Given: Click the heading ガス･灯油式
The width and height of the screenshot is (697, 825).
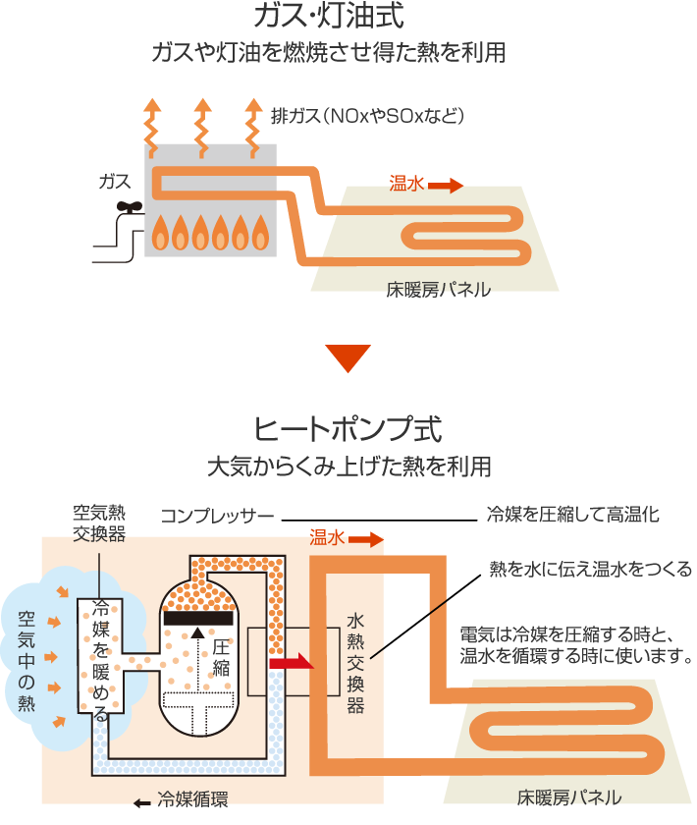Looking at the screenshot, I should coord(328,17).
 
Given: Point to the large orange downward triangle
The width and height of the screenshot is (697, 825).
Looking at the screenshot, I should coord(348,358).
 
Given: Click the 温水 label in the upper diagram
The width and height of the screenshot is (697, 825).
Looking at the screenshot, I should coord(406,183).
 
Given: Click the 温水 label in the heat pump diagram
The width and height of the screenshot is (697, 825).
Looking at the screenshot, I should coord(328,537).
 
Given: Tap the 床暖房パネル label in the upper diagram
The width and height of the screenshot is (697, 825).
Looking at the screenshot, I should coord(438,290).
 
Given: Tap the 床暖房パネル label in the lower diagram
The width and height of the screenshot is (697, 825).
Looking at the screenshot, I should coord(569,797).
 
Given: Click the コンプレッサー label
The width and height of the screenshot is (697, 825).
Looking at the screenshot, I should coord(217,516).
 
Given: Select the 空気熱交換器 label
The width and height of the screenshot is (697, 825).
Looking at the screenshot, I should coord(99,522).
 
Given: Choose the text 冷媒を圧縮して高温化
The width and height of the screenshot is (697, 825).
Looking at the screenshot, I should coord(572,514).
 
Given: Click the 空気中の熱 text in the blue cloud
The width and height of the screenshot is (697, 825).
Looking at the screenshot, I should coord(26,661).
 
